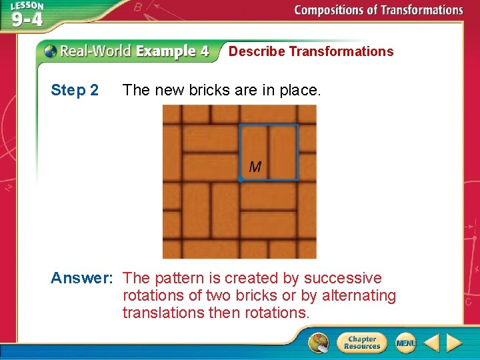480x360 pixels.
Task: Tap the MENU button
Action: pyautogui.click(x=405, y=343)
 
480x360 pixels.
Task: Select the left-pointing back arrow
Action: pyautogui.click(x=431, y=343)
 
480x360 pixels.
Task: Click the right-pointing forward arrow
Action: pyautogui.click(x=455, y=343)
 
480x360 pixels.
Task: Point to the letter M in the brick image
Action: pyautogui.click(x=255, y=167)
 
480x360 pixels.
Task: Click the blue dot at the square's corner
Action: pyautogui.click(x=241, y=179)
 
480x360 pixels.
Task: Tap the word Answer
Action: pyautogui.click(x=80, y=278)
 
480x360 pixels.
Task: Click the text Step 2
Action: pyautogui.click(x=75, y=90)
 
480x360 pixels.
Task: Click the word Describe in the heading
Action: pyautogui.click(x=257, y=51)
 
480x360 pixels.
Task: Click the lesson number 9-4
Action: pyautogui.click(x=27, y=19)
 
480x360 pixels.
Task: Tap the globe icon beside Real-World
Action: pyautogui.click(x=50, y=51)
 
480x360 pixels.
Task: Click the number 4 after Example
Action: pyautogui.click(x=203, y=51)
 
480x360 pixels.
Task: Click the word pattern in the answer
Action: pyautogui.click(x=180, y=278)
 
